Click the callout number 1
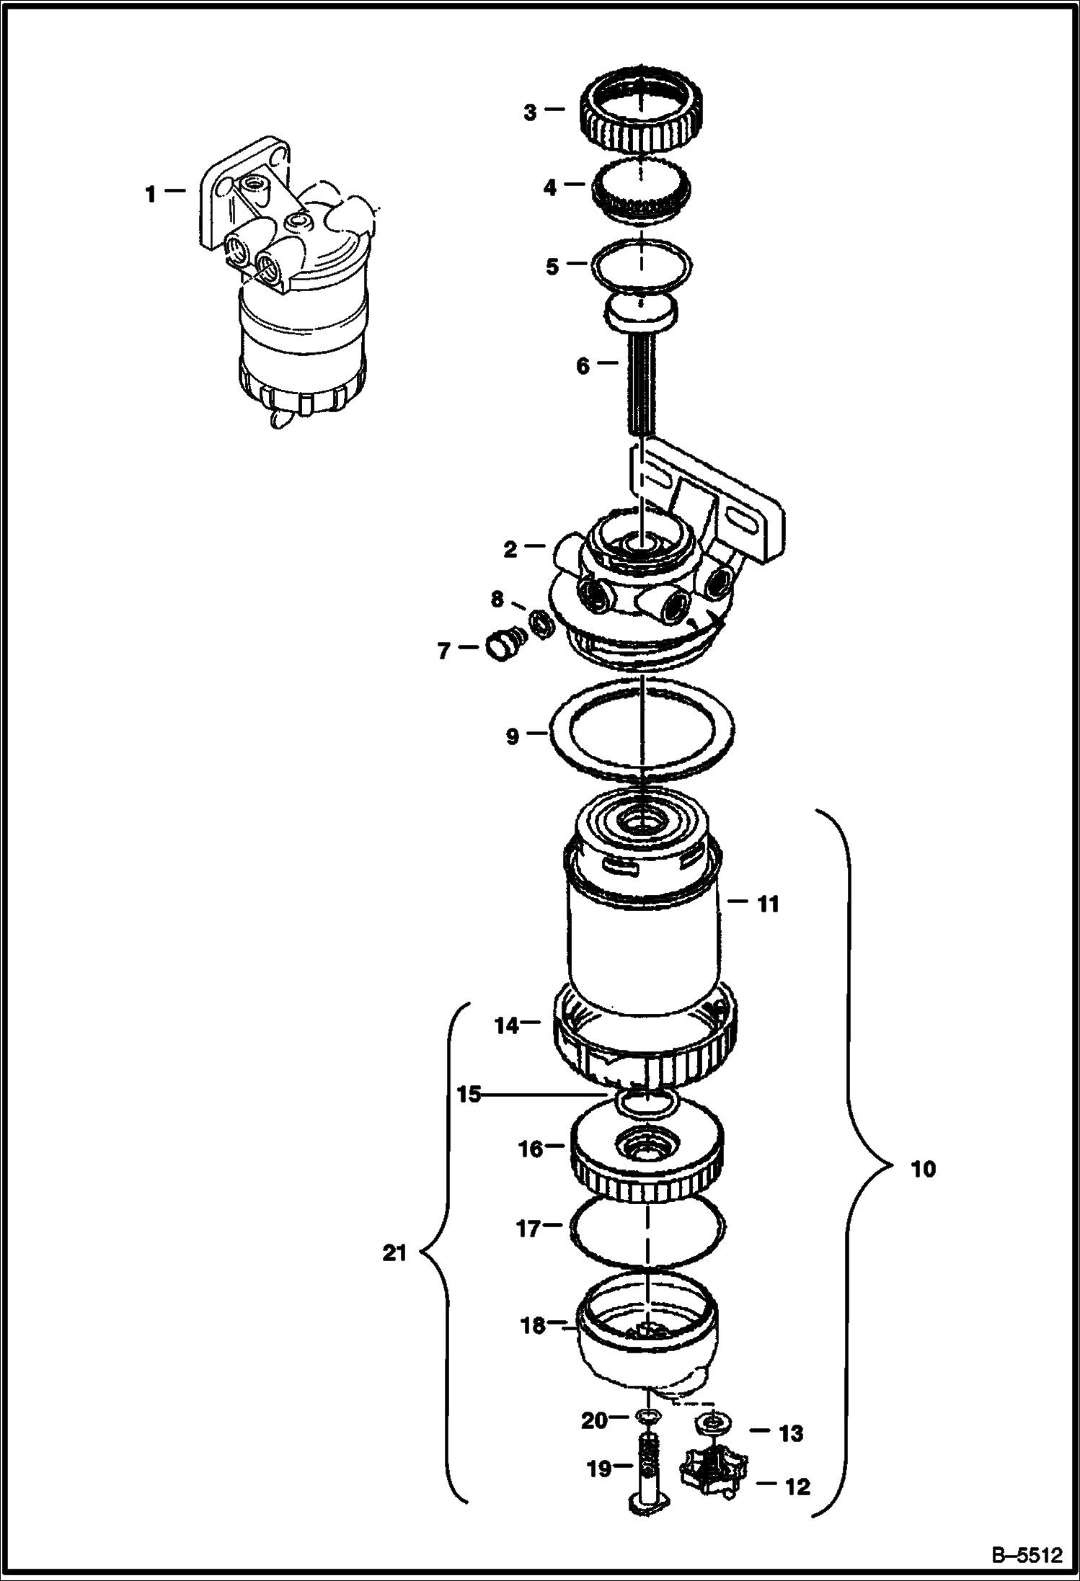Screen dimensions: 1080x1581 point(150,194)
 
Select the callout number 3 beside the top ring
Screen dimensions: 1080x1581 point(530,112)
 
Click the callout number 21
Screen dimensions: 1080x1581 point(394,1254)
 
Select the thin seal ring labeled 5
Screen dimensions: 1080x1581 point(641,241)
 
